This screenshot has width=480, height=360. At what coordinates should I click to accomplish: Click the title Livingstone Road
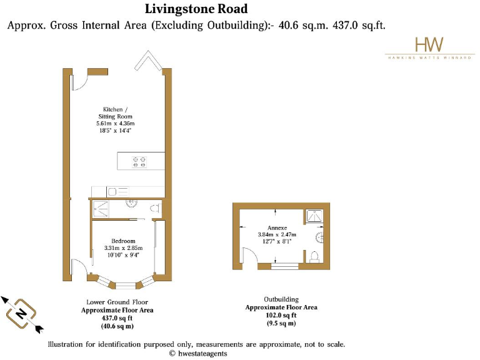(x=196, y=9)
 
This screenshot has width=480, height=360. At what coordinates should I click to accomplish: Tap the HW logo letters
(x=429, y=44)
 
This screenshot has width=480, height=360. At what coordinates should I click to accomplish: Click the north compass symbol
(x=22, y=313)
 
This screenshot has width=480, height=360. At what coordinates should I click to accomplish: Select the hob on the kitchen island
(x=141, y=161)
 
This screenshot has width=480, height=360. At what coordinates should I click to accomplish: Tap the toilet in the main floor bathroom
(x=156, y=208)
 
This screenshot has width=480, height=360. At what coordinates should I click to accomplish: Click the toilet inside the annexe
(x=313, y=257)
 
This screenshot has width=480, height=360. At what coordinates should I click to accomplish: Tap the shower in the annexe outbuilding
(x=314, y=216)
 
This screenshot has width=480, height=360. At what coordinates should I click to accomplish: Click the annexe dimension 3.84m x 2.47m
(x=277, y=234)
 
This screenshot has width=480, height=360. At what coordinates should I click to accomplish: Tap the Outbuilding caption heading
(x=281, y=299)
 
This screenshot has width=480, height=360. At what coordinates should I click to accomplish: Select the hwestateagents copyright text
(x=198, y=353)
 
